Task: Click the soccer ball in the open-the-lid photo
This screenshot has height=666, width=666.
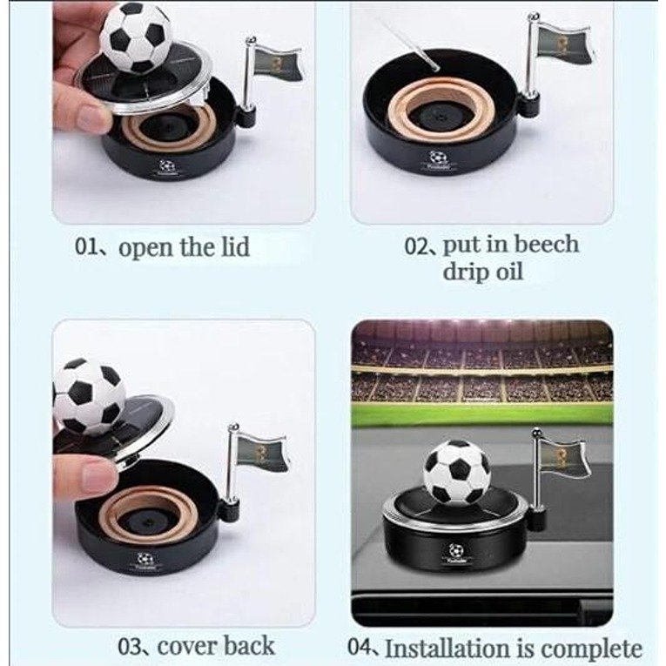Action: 136,37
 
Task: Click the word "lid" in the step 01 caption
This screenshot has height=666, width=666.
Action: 235,247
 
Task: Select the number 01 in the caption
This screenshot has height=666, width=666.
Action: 85,246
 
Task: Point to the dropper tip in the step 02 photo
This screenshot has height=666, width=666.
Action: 434,67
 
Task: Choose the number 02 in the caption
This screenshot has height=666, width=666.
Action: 414,246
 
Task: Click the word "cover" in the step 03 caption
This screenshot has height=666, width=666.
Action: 185,647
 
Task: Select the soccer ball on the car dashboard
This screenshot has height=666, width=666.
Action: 457,472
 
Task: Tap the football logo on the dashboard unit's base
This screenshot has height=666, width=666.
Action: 457,550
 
